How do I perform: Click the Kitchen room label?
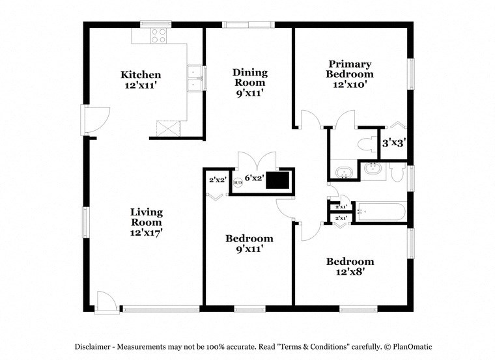point(140,75)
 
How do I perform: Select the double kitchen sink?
point(194,79)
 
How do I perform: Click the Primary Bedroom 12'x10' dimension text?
point(350,85)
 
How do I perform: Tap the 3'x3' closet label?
point(394,143)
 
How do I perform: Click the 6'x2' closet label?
point(254,177)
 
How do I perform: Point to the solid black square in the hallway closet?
point(280,179)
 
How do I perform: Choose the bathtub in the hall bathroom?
point(380,212)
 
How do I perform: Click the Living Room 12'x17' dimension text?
point(146,232)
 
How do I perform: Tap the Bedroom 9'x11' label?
point(249,243)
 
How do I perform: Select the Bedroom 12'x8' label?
point(350,267)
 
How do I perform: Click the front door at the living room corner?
point(104,300)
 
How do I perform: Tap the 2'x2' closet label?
point(216,180)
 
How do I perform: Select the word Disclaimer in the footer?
point(96,346)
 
